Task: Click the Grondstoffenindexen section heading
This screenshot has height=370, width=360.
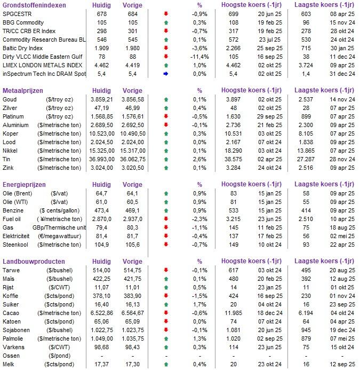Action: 35,5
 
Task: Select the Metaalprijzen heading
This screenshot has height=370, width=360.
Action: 23,91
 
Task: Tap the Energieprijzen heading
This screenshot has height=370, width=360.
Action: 24,185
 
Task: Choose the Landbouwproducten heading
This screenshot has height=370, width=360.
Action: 34,262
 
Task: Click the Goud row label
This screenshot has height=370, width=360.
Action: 10,100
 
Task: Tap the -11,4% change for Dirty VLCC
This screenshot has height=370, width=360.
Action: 199,57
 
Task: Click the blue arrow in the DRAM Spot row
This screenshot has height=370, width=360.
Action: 165,74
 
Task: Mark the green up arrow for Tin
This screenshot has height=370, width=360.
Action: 165,160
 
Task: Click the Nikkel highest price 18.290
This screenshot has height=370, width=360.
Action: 234,151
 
